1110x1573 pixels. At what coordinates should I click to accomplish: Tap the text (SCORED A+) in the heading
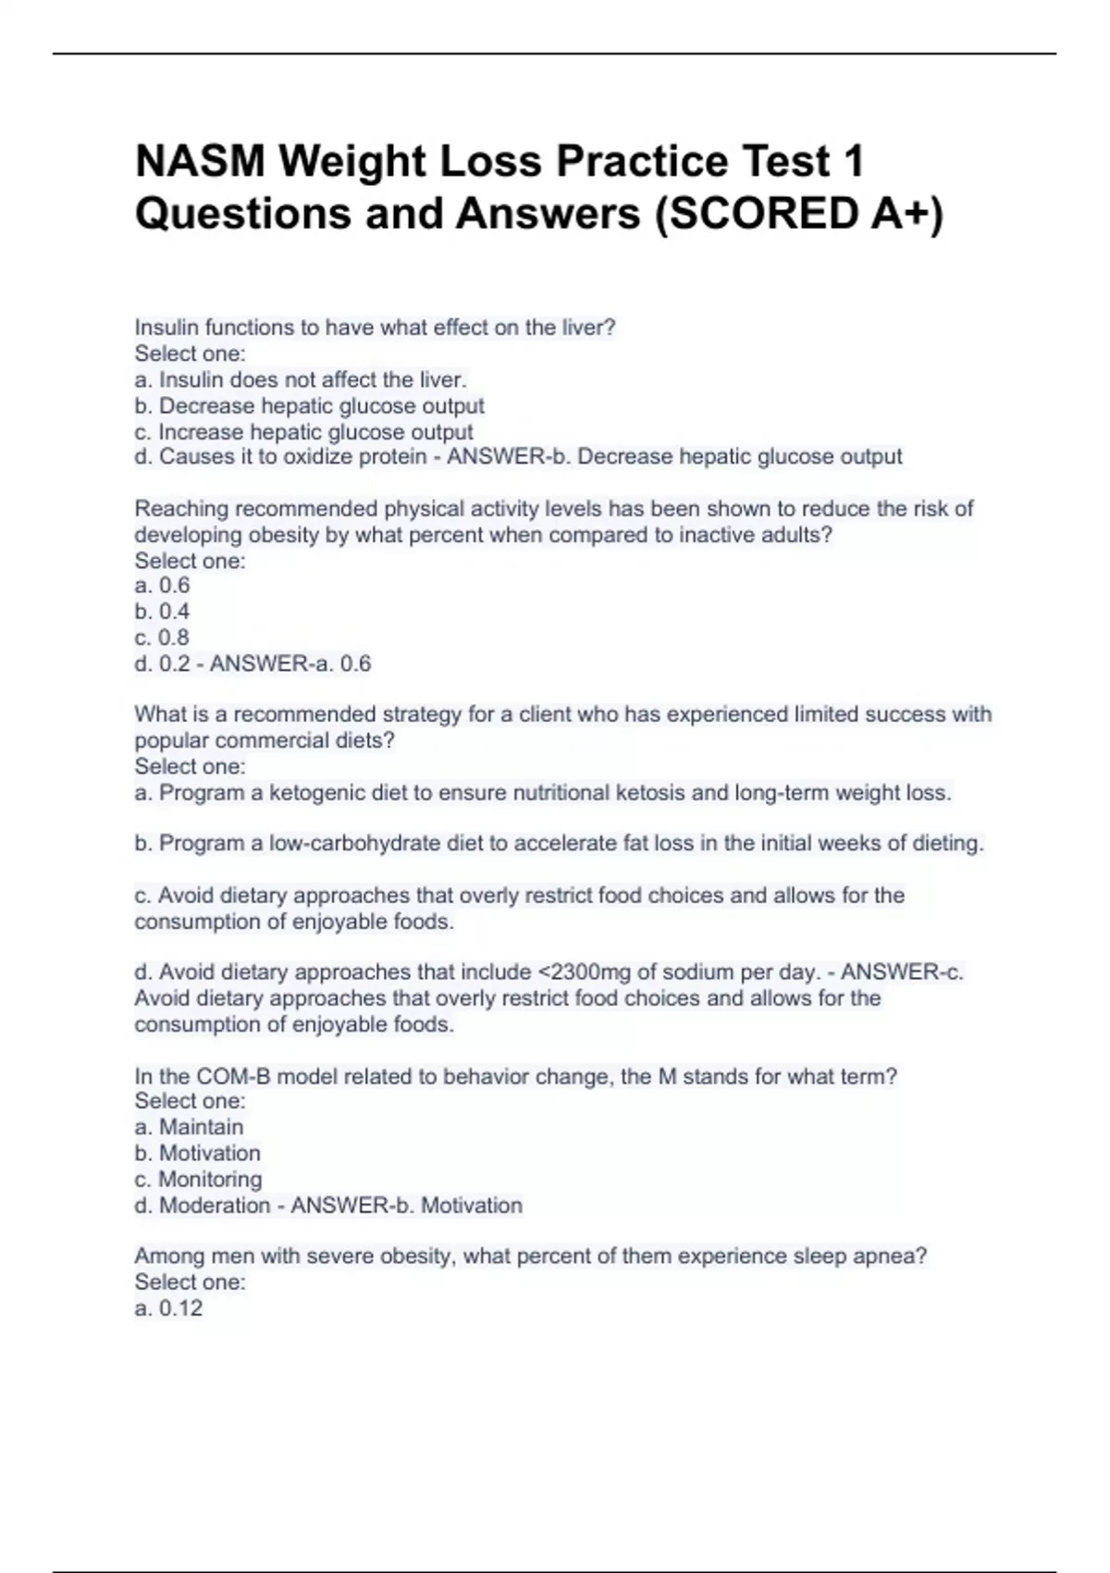[x=799, y=214]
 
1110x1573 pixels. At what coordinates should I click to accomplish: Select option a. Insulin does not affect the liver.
[x=301, y=379]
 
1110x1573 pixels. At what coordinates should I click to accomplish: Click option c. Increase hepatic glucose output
[x=303, y=432]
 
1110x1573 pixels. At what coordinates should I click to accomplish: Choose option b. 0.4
[x=162, y=612]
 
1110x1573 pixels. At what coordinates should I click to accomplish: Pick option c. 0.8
[x=162, y=638]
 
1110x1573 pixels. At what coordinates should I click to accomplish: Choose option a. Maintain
[x=190, y=1127]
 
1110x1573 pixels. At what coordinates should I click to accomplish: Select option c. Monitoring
[x=198, y=1180]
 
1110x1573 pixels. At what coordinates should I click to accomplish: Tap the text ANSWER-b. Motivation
[x=407, y=1206]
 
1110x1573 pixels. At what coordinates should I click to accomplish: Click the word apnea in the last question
[x=889, y=1257]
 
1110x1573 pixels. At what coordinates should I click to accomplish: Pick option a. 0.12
[x=168, y=1308]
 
